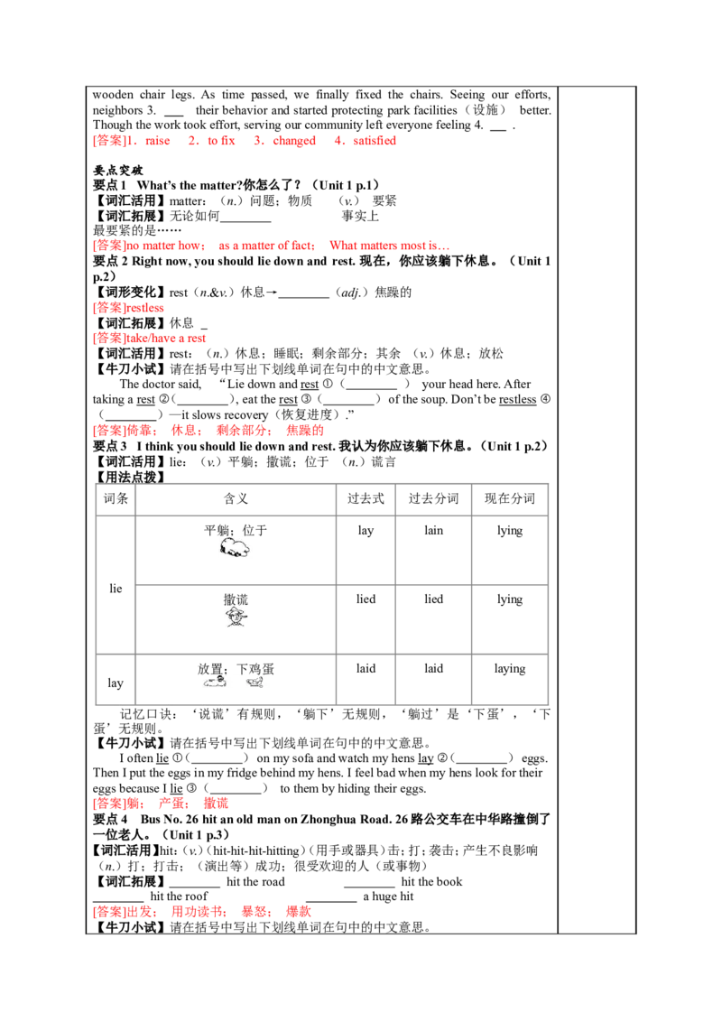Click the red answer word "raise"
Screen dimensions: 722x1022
[x=157, y=141]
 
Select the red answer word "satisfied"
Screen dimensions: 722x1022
[x=374, y=141]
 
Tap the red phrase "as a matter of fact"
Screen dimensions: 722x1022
[x=266, y=246]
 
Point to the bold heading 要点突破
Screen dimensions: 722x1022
[x=118, y=171]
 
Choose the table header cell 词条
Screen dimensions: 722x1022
[x=116, y=499]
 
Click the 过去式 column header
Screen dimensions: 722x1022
[x=366, y=499]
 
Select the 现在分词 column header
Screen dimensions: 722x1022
[x=510, y=499]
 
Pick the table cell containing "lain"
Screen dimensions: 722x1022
[x=433, y=531]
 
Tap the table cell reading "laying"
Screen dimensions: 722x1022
[x=510, y=669]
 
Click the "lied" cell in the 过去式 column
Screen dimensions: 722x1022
[x=366, y=599]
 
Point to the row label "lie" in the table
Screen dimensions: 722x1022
[x=116, y=589]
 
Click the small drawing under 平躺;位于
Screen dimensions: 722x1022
[x=236, y=548]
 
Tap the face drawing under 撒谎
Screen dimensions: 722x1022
[x=236, y=617]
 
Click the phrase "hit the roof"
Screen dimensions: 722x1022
[x=180, y=897]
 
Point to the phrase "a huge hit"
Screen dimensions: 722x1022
[x=388, y=897]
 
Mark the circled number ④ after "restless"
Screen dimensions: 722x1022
[x=545, y=400]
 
